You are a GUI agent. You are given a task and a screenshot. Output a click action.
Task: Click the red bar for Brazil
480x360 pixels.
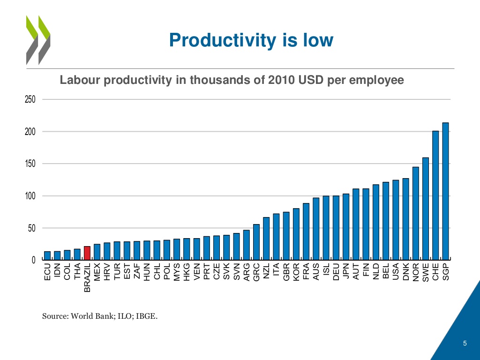click(87, 253)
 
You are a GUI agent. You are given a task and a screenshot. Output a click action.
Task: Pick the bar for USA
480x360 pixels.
click(396, 220)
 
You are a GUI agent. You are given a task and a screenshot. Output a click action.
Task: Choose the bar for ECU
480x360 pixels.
click(47, 255)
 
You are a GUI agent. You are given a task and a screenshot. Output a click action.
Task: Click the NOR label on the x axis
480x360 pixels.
click(416, 272)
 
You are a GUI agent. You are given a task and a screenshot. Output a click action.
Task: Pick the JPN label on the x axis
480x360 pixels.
click(346, 272)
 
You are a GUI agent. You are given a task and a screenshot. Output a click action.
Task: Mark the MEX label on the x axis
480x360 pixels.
click(97, 272)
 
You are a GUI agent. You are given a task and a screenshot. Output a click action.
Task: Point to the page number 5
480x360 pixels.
click(465, 345)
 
